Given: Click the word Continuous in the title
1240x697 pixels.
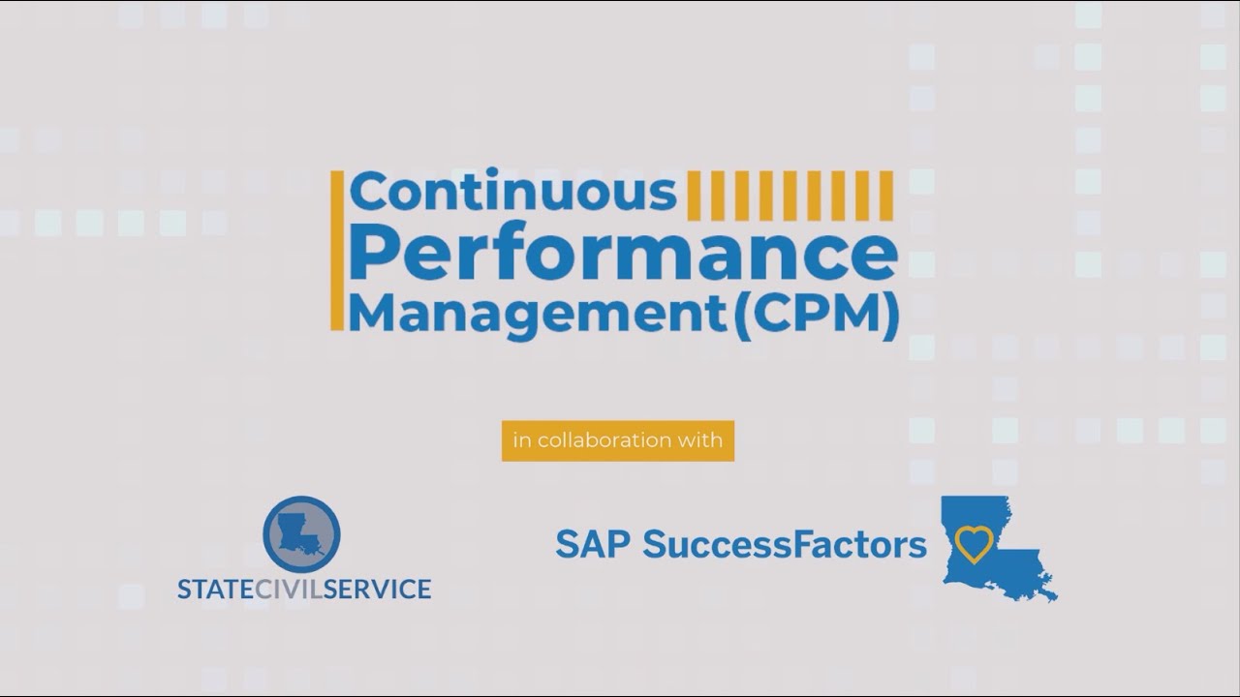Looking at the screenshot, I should (x=513, y=192).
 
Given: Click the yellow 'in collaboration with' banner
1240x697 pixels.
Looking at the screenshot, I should (x=618, y=440).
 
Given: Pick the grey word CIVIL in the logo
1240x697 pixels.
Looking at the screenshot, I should (x=290, y=589).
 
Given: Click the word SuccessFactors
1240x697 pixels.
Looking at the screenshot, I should (x=785, y=545).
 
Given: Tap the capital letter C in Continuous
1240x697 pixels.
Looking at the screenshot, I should (x=368, y=192).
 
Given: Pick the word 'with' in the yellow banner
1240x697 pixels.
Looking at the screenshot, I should (x=702, y=440).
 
